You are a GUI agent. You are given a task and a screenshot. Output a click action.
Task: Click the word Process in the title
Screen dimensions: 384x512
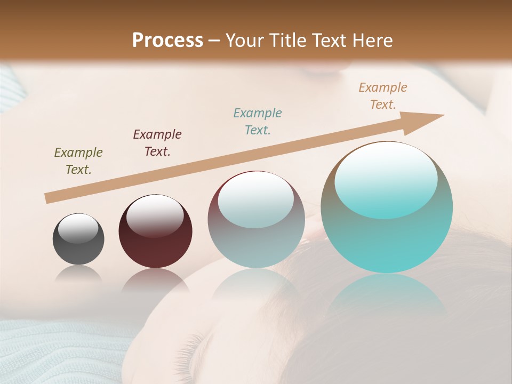[167, 41]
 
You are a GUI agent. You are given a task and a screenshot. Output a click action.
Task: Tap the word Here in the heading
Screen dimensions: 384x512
[372, 41]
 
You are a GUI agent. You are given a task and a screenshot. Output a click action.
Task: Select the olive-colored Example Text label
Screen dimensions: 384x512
[78, 161]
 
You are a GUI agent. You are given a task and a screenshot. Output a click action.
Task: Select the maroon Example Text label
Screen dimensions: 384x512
[157, 142]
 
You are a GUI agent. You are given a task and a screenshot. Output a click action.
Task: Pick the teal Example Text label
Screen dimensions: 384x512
[258, 121]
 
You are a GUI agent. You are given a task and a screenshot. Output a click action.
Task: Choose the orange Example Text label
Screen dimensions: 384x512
[383, 96]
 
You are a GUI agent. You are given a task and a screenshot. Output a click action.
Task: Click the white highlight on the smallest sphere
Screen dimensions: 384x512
[78, 228]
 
